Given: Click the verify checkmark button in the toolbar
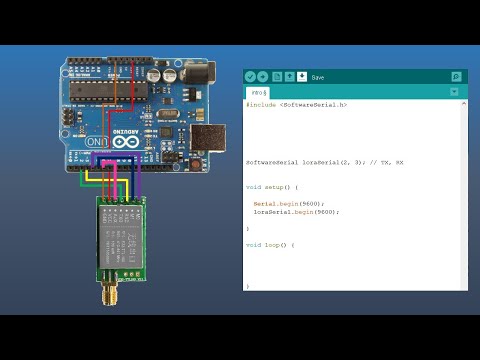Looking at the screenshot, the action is [250, 76].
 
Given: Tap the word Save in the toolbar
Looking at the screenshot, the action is [318, 77].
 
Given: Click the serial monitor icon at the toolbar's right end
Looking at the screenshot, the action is [457, 76].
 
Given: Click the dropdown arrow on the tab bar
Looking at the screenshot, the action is [454, 92].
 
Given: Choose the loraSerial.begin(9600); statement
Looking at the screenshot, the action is [296, 212].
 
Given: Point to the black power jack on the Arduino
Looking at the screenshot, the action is [200, 72].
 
